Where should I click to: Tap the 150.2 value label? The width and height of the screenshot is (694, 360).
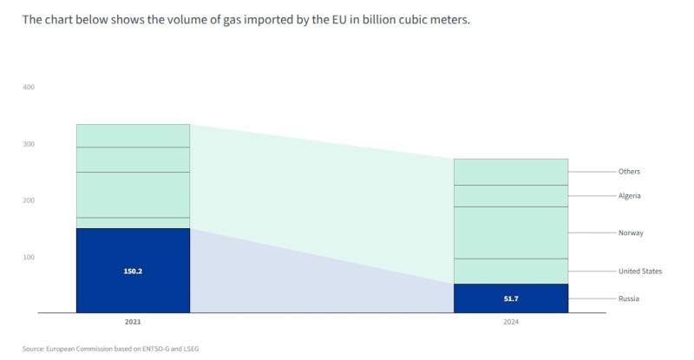click(x=133, y=271)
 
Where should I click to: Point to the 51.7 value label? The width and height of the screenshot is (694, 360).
click(x=511, y=298)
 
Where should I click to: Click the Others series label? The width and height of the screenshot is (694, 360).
click(x=629, y=172)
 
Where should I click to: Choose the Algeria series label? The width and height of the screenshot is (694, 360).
click(x=629, y=196)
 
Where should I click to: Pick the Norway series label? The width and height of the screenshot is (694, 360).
click(x=631, y=233)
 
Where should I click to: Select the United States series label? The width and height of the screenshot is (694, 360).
click(x=640, y=272)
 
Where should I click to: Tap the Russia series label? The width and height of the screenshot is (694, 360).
click(x=628, y=299)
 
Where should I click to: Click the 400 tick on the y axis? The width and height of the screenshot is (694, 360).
click(x=29, y=88)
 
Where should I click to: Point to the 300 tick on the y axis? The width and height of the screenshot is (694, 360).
click(x=29, y=144)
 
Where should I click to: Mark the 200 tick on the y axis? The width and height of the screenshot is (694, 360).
click(x=29, y=200)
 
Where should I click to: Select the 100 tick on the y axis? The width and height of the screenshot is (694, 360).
click(x=29, y=258)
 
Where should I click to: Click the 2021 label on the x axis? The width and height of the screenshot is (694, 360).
click(x=133, y=322)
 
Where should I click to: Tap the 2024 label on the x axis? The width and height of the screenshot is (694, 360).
click(x=511, y=322)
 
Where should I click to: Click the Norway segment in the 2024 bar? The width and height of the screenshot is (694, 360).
click(x=511, y=232)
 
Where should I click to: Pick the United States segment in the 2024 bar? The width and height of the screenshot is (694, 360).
click(x=511, y=271)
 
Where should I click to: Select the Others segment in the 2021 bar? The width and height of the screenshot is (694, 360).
click(x=133, y=135)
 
